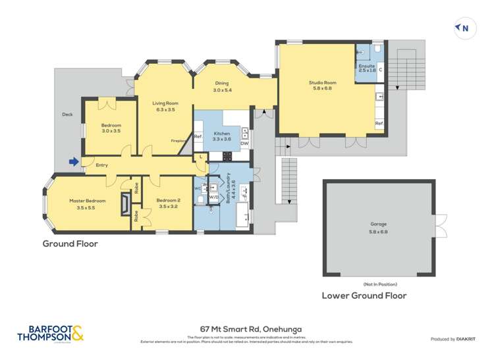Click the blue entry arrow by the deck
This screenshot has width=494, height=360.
click(x=73, y=161)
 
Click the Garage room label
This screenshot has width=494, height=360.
click(x=379, y=228)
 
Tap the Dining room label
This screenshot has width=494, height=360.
click(x=221, y=86)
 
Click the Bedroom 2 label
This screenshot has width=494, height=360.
click(x=169, y=203)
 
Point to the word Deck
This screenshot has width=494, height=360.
click(x=67, y=114)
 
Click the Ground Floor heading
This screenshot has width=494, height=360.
click(x=70, y=244)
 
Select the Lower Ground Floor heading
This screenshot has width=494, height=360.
click(x=364, y=296)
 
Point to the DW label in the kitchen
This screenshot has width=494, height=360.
click(x=244, y=143)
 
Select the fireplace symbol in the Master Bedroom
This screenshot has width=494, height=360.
click(x=124, y=205)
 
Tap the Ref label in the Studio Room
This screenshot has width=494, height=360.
click(x=379, y=123)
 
